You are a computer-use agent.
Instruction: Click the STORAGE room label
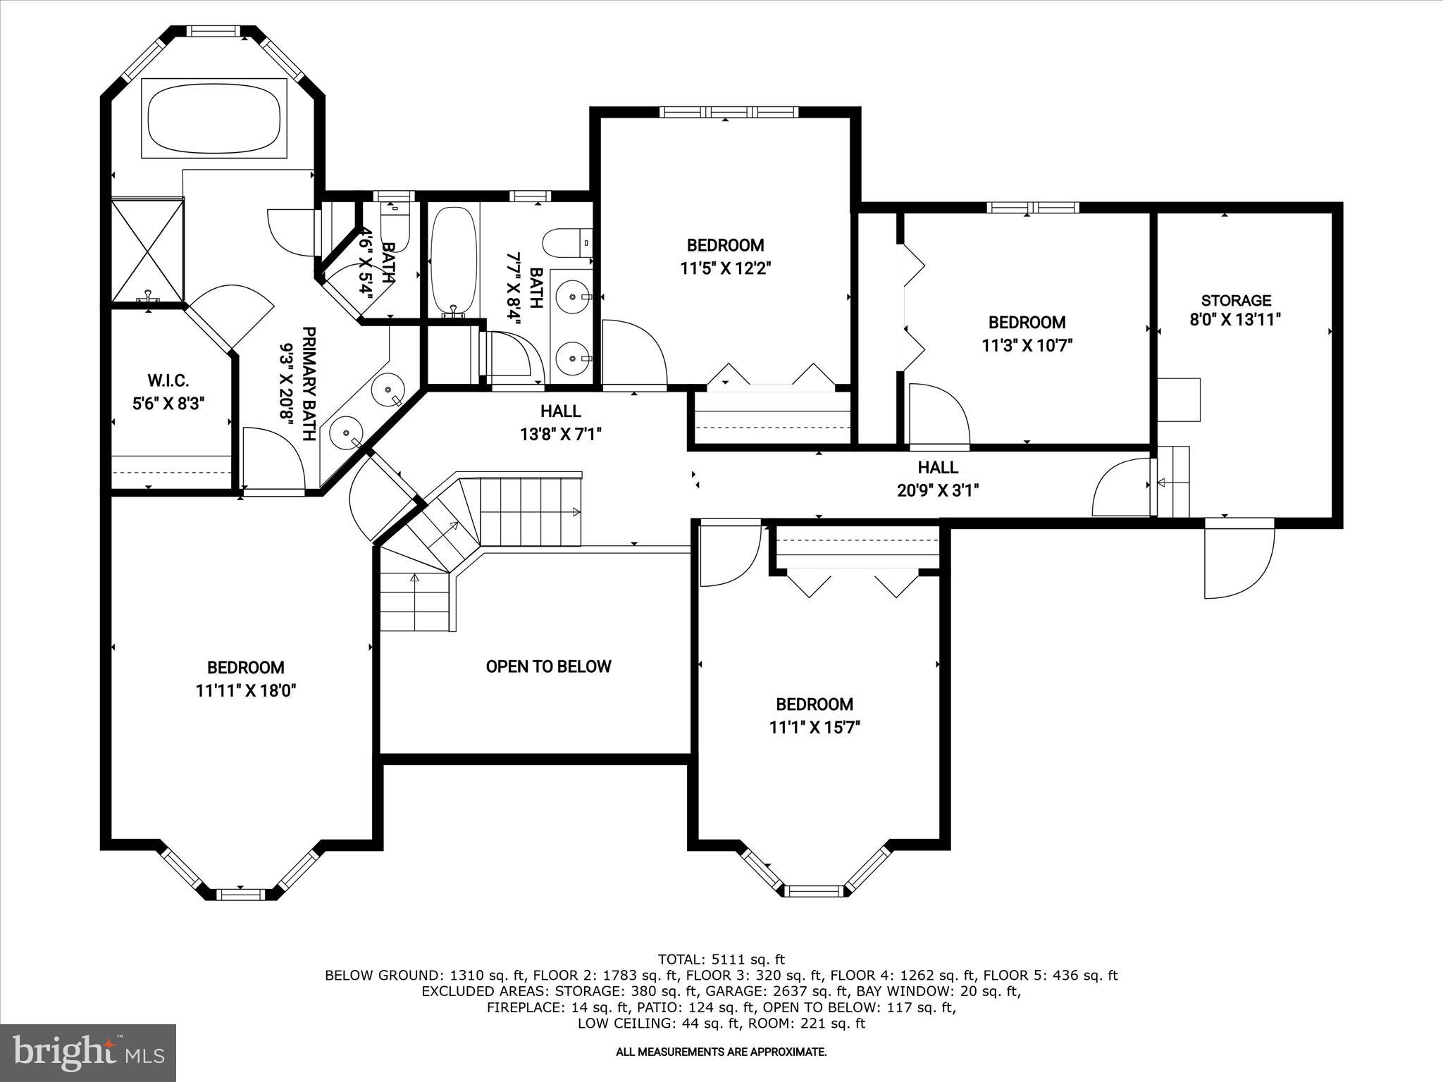pyautogui.click(x=1236, y=301)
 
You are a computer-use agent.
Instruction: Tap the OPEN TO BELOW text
pyautogui.click(x=548, y=666)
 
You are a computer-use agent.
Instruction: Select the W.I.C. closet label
pyautogui.click(x=168, y=381)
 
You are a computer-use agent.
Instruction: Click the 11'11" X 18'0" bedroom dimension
pyautogui.click(x=245, y=690)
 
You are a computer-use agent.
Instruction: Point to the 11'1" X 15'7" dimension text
pyautogui.click(x=815, y=727)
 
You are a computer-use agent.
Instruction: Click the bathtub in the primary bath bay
pyautogui.click(x=214, y=118)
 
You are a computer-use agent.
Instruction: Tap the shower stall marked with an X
pyautogui.click(x=148, y=251)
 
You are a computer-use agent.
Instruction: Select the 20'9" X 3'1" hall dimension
pyautogui.click(x=938, y=490)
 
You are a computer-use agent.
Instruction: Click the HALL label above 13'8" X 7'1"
pyautogui.click(x=561, y=411)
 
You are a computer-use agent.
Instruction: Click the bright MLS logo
pyautogui.click(x=88, y=1052)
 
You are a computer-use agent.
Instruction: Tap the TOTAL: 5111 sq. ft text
pyautogui.click(x=721, y=959)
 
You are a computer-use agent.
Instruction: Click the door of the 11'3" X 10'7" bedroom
pyautogui.click(x=939, y=416)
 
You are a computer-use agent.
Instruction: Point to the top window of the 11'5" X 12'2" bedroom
pyautogui.click(x=729, y=112)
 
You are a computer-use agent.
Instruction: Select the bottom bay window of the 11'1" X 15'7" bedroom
pyautogui.click(x=814, y=891)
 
